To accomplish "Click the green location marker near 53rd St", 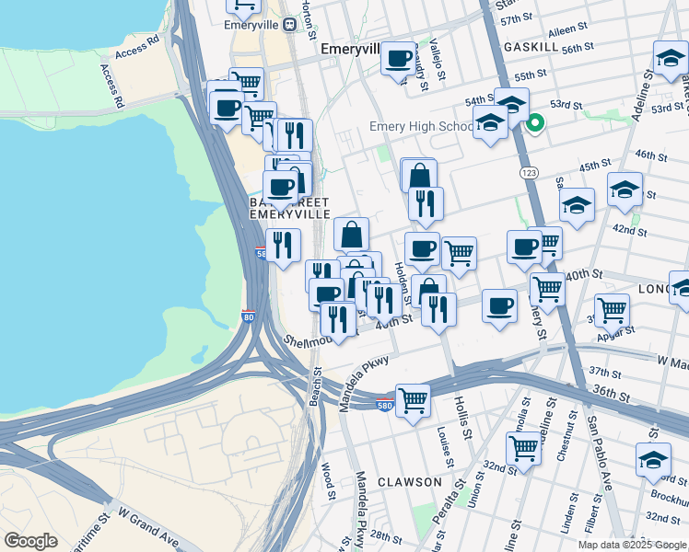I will pyautogui.click(x=534, y=120).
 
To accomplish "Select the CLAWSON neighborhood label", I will pyautogui.click(x=409, y=481).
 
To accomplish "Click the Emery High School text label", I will pyautogui.click(x=422, y=126).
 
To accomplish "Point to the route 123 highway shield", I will pyautogui.click(x=529, y=172).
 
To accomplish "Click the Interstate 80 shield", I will pyautogui.click(x=248, y=317).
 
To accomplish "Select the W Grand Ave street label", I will pyautogui.click(x=146, y=523).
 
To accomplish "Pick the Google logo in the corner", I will pyautogui.click(x=31, y=541).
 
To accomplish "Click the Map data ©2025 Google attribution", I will pyautogui.click(x=631, y=545).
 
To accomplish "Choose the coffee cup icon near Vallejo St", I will pyautogui.click(x=398, y=59).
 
